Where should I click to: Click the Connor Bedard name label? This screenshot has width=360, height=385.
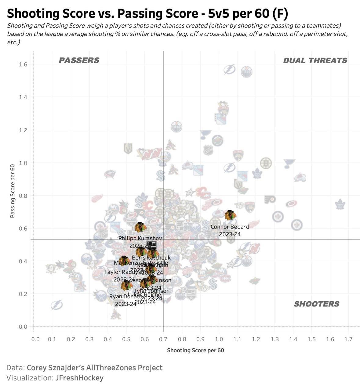tap(230, 227)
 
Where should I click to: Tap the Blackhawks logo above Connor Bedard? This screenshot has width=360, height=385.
tap(230, 215)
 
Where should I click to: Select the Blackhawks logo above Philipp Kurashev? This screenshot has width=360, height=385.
tap(141, 227)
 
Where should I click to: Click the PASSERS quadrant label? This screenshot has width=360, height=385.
tap(79, 61)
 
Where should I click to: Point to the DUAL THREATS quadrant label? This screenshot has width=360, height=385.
tap(315, 61)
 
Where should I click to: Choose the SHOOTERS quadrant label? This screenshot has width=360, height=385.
tap(316, 304)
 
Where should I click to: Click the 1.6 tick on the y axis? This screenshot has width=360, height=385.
tap(23, 64)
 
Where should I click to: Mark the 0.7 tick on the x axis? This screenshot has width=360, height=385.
tap(163, 339)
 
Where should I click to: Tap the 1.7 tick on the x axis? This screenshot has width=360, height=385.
tap(348, 339)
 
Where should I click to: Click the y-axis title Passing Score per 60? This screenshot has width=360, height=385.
tap(13, 191)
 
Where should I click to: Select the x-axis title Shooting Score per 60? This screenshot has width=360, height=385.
tap(195, 350)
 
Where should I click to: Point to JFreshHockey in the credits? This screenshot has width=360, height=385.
tap(79, 378)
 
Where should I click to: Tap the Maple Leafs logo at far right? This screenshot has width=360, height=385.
tap(340, 204)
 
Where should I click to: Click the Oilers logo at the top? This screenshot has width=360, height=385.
tap(246, 72)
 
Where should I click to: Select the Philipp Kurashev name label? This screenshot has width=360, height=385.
tap(140, 238)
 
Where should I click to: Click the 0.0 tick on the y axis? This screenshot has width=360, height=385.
tap(23, 327)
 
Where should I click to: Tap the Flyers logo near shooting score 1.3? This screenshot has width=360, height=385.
tap(270, 200)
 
